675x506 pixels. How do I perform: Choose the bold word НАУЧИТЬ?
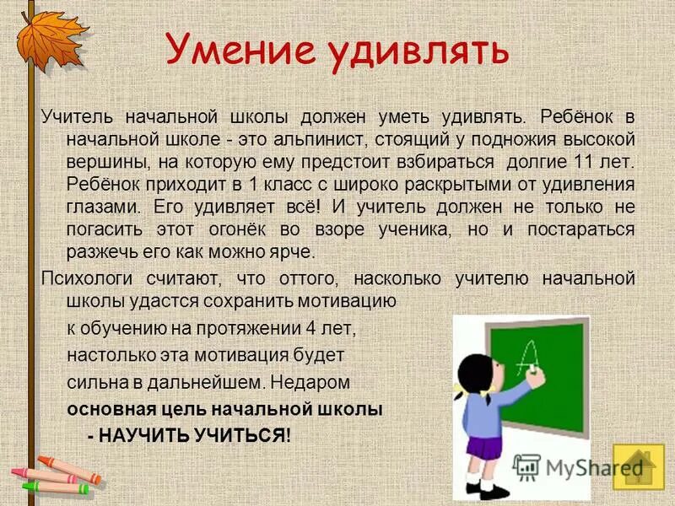click(145, 436)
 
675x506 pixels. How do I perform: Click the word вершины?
click(100, 162)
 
